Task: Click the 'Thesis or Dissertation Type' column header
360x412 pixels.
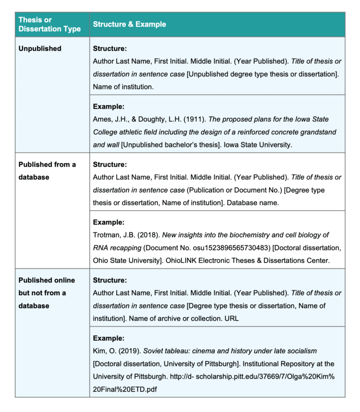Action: [x=49, y=24]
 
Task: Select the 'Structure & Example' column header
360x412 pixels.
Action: [x=129, y=24]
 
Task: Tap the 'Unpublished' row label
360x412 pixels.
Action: [x=39, y=49]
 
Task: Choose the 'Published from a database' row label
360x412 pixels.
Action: [x=47, y=171]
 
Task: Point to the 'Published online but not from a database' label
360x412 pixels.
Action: [x=46, y=293]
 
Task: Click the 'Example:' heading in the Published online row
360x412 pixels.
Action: [x=109, y=338]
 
